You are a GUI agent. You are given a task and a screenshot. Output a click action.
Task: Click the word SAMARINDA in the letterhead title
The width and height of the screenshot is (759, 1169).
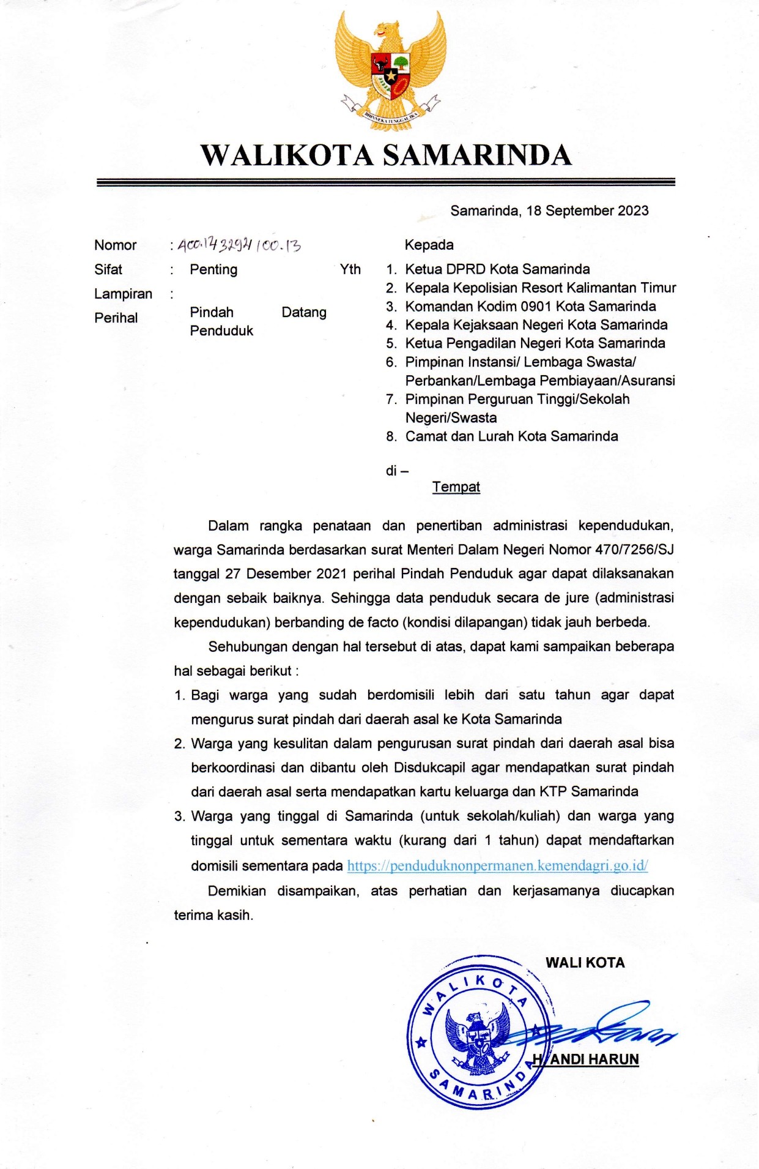477,155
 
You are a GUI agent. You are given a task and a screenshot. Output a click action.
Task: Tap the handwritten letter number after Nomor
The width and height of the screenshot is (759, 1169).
239,246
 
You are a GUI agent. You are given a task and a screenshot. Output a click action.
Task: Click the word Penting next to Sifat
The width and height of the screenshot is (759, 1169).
213,270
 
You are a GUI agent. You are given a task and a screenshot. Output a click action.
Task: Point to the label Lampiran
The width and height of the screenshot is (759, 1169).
123,294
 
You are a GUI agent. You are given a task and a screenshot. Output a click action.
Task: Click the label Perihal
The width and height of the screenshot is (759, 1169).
116,318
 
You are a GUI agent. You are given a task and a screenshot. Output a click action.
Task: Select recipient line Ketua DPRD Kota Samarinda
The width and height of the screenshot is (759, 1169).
497,269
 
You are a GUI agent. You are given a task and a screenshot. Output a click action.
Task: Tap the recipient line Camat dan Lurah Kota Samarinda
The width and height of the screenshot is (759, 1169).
511,436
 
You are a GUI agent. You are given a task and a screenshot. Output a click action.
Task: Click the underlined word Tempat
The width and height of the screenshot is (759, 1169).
456,487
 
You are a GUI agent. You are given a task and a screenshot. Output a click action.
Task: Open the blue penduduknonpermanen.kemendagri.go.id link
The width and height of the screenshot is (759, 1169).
497,866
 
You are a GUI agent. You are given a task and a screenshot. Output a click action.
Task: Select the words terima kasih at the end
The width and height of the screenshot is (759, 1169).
213,916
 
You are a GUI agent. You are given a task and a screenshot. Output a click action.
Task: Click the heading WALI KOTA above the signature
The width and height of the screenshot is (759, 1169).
585,963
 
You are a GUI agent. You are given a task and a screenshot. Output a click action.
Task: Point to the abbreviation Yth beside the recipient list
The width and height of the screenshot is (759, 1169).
350,270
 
